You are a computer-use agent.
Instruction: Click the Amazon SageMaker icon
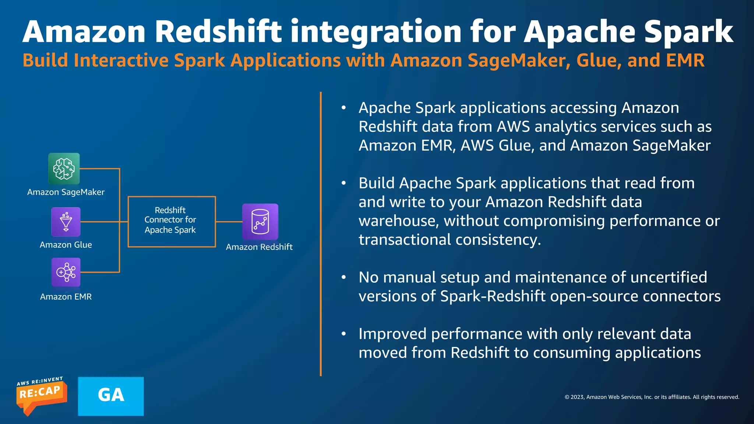(64, 169)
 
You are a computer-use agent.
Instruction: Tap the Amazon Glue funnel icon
(66, 222)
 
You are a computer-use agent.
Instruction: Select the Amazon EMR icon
(66, 272)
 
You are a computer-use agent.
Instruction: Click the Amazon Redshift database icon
(260, 222)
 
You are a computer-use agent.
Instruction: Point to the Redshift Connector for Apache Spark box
(172, 221)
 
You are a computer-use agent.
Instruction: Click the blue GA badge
(111, 396)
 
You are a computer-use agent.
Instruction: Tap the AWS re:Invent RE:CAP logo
(41, 396)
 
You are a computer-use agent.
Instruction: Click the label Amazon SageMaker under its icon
(66, 192)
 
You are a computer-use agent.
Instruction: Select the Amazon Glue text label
(66, 245)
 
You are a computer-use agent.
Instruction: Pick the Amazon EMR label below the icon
(66, 297)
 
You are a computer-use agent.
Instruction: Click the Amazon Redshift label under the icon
(259, 247)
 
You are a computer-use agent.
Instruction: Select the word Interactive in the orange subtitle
(121, 60)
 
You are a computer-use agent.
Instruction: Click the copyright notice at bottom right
(652, 397)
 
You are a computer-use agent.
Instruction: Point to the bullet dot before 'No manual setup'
(343, 277)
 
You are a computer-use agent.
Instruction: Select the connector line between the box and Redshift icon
(229, 222)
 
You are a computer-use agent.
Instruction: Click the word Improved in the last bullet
(392, 334)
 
